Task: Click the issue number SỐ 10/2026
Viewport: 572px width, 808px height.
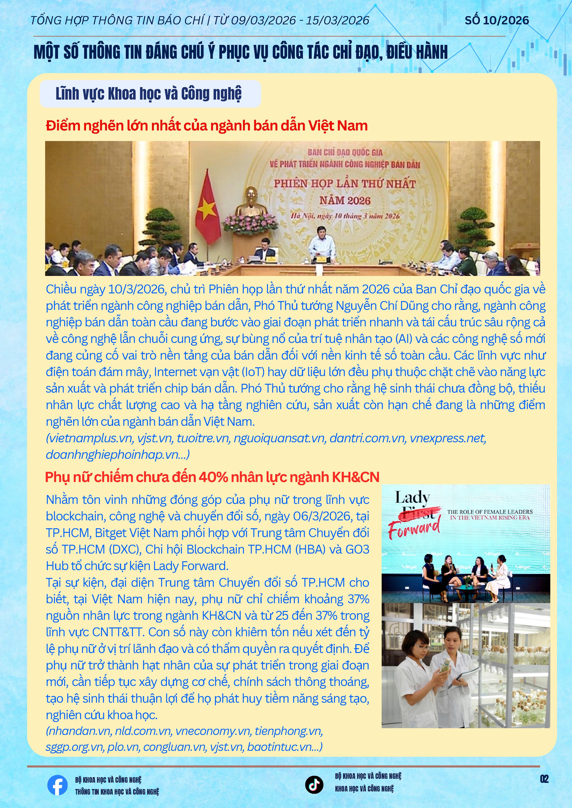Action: click(x=497, y=20)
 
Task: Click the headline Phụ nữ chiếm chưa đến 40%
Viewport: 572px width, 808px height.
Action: click(x=212, y=477)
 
